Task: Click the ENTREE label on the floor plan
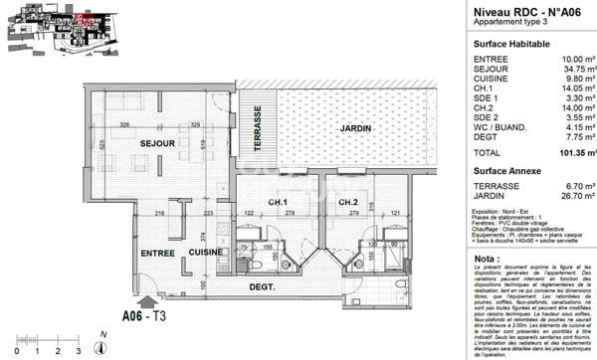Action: (156, 254)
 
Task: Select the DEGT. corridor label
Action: (263, 288)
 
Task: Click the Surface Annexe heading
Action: (507, 171)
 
